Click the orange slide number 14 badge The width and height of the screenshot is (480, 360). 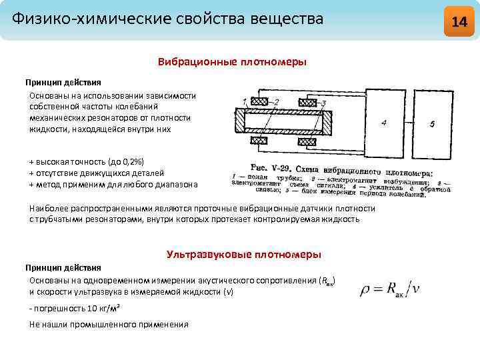[x=459, y=21]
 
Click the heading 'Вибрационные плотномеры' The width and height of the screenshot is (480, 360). [x=232, y=62]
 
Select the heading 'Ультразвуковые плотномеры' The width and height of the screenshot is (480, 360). [x=243, y=255]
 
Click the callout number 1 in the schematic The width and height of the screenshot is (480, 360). [x=245, y=101]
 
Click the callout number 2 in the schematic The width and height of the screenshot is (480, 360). [x=277, y=101]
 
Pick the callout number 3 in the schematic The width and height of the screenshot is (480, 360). [x=323, y=103]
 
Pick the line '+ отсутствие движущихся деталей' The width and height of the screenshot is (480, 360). [x=97, y=173]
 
